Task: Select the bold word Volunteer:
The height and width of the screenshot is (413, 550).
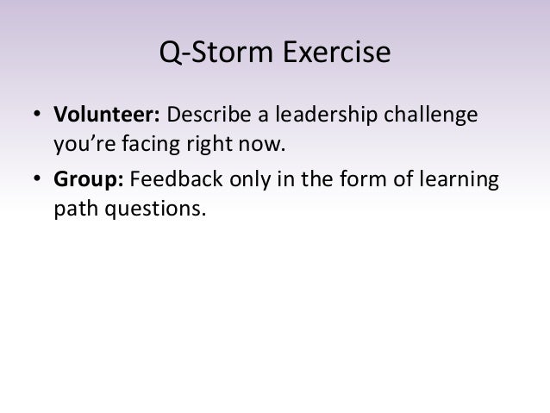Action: [108, 116]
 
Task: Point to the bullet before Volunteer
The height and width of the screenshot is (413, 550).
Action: [38, 116]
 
